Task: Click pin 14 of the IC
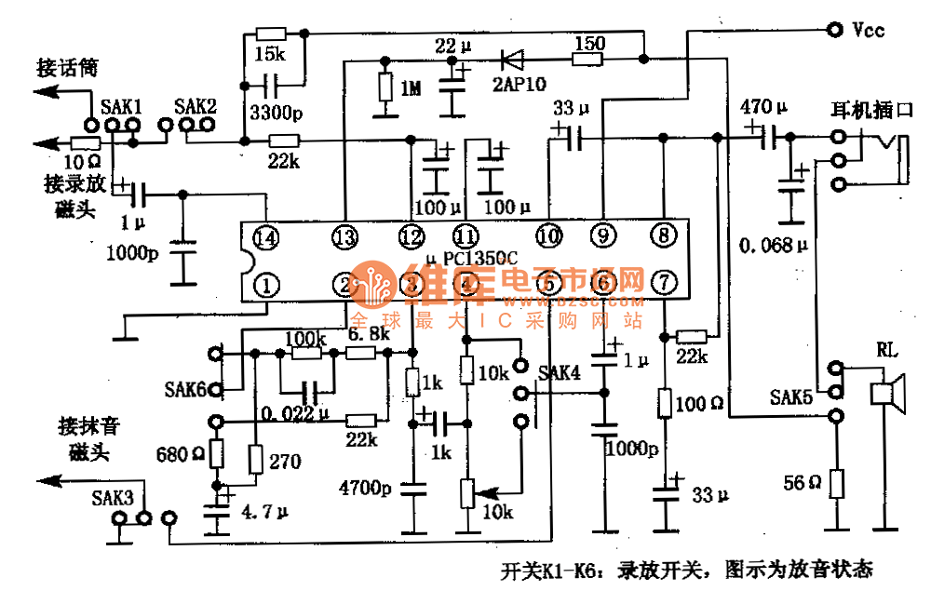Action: point(266,238)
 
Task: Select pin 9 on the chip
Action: point(603,236)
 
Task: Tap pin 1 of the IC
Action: point(266,284)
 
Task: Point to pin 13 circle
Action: point(344,238)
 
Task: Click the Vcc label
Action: point(868,30)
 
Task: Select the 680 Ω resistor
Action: point(216,454)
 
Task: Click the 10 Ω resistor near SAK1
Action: point(85,143)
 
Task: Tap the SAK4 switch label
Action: point(560,372)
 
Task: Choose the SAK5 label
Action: point(790,397)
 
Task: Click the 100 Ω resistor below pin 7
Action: point(664,403)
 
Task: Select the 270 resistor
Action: point(255,458)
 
